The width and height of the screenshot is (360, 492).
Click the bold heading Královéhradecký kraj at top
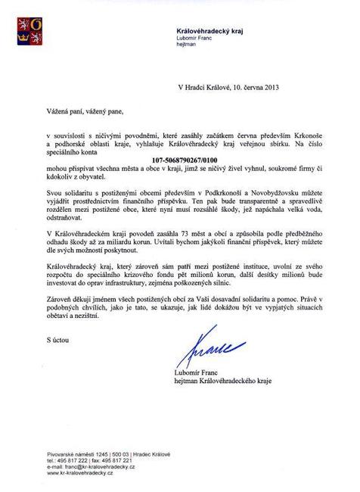click(x=204, y=29)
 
